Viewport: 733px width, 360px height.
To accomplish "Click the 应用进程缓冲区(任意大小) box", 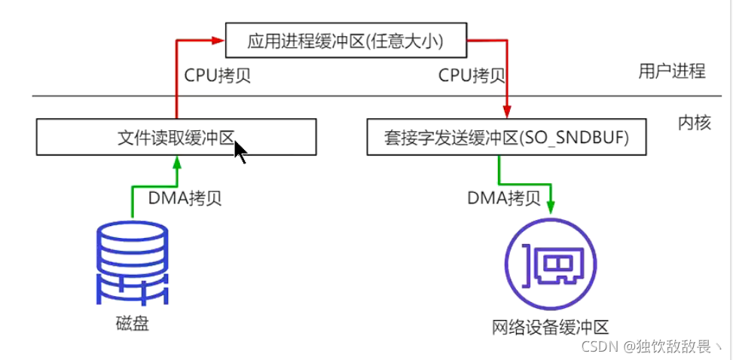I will [346, 41].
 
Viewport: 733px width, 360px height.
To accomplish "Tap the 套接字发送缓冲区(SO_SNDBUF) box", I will [506, 138].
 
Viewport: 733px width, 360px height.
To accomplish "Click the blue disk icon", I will [133, 264].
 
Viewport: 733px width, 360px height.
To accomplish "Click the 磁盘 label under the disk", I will [133, 325].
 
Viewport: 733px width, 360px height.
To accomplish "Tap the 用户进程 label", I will [672, 72].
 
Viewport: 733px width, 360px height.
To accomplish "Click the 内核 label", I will [694, 123].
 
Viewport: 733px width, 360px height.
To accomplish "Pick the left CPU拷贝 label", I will [218, 75].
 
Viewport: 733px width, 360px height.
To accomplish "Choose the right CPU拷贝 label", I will [472, 75].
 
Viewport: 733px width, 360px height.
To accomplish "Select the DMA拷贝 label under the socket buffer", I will [504, 198].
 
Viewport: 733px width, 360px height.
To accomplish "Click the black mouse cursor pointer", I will [240, 151].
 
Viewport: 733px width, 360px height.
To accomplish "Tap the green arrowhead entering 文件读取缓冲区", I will [176, 160].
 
